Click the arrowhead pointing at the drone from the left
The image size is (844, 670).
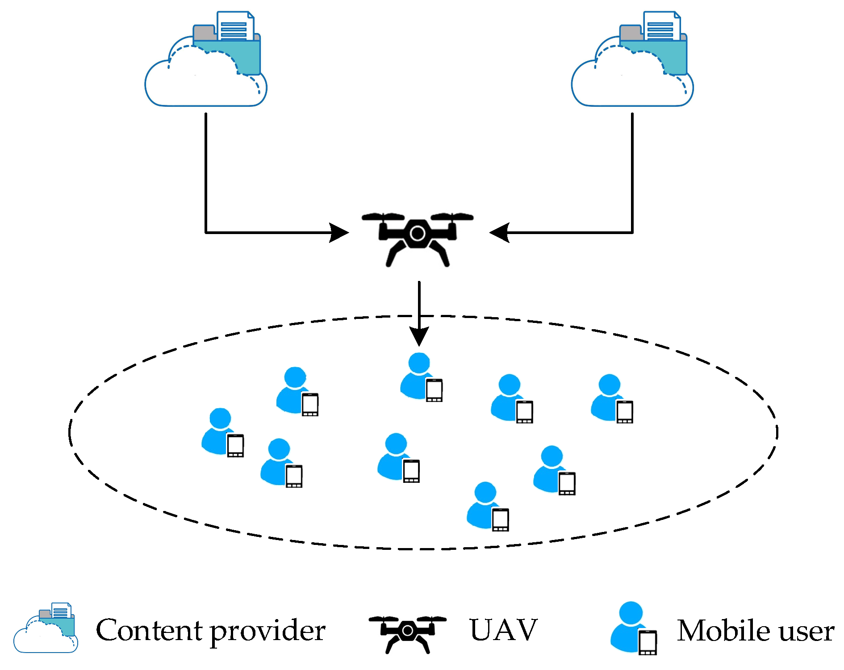click(340, 233)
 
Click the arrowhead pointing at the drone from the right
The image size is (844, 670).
click(498, 233)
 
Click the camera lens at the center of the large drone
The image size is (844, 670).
click(418, 233)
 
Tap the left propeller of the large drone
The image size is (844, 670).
click(383, 217)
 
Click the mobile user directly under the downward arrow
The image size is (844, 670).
click(420, 377)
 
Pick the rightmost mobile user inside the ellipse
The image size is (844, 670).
click(610, 398)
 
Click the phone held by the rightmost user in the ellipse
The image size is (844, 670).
click(625, 411)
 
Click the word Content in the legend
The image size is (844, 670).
click(149, 630)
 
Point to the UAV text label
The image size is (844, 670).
click(504, 630)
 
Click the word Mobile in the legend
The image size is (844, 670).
click(720, 630)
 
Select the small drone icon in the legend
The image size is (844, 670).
click(407, 633)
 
